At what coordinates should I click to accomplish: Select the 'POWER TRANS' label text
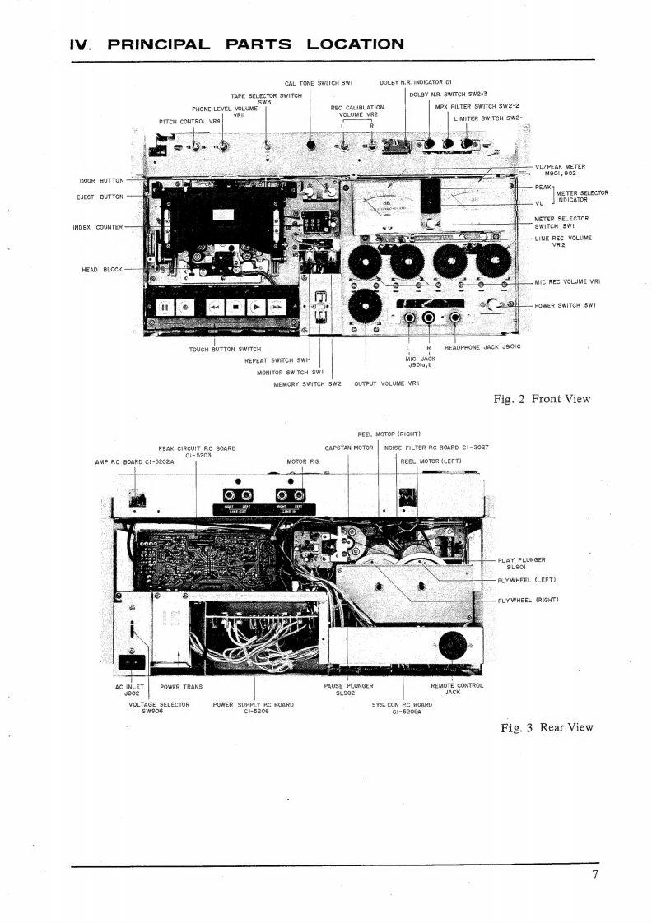[x=181, y=685]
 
